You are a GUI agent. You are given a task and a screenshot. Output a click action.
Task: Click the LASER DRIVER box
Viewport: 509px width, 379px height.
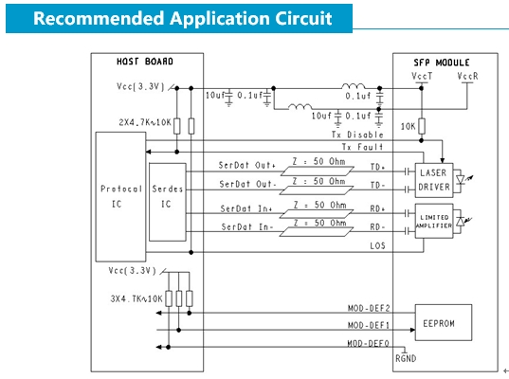(x=434, y=180)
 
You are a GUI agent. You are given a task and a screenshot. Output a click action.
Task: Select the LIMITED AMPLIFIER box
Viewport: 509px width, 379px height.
(x=434, y=221)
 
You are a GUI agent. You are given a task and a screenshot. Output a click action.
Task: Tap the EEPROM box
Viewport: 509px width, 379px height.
(x=444, y=322)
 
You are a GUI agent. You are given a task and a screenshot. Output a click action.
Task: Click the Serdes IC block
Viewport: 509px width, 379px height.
(x=168, y=202)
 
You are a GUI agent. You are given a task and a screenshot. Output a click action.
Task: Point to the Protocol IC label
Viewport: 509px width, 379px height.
(x=121, y=196)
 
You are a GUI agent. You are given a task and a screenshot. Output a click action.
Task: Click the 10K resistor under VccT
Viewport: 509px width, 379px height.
(x=422, y=126)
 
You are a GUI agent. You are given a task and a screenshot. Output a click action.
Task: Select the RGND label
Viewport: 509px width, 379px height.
(x=406, y=358)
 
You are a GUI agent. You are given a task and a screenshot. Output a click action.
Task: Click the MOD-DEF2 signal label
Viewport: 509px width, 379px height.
(x=369, y=308)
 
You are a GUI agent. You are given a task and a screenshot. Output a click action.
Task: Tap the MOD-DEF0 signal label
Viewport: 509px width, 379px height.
(x=368, y=343)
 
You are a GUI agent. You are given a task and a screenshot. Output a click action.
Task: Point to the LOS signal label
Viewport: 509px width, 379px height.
(x=377, y=245)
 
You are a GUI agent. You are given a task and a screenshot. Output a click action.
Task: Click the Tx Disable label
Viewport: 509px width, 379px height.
(x=357, y=135)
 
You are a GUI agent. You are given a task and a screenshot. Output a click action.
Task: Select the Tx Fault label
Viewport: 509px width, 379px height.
(x=362, y=147)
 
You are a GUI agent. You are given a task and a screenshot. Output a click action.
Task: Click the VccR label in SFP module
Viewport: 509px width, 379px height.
(x=467, y=76)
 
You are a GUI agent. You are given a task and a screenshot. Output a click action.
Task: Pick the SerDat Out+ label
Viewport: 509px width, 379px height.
(x=247, y=165)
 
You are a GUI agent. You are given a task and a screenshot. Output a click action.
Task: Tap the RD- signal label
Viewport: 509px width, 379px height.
(x=377, y=226)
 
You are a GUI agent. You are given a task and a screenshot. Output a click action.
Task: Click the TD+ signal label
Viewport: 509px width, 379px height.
(x=377, y=167)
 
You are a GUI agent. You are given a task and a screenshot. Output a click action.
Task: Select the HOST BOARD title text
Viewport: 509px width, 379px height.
(x=145, y=62)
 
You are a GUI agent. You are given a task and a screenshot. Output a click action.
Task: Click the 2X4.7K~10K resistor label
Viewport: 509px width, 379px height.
(x=145, y=122)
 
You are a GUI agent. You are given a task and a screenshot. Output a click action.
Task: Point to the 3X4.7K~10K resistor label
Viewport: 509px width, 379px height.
(x=136, y=298)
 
